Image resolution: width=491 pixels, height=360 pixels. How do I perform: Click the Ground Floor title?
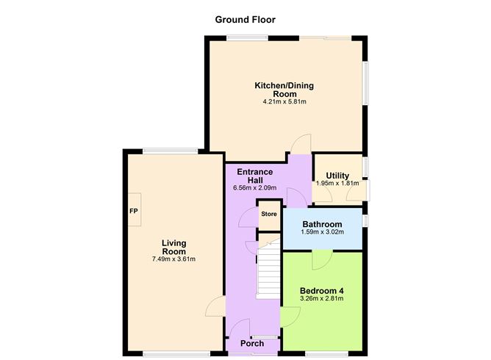point(245,20)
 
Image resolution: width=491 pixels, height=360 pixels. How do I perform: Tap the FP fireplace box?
point(134,211)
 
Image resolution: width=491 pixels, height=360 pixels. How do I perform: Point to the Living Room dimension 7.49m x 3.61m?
point(174,259)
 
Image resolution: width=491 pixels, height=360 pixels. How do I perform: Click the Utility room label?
point(337,176)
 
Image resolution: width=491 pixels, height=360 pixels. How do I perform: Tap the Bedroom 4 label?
point(322,290)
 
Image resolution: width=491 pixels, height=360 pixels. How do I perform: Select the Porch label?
point(252,343)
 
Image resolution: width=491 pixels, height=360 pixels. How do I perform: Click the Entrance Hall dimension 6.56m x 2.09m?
point(254,188)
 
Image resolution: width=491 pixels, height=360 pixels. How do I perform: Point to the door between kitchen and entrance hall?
point(301,145)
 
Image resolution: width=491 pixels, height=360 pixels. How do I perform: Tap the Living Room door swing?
point(215,306)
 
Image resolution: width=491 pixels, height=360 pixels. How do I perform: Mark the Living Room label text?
point(174,247)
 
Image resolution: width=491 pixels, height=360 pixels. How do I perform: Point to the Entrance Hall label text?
point(254,176)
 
